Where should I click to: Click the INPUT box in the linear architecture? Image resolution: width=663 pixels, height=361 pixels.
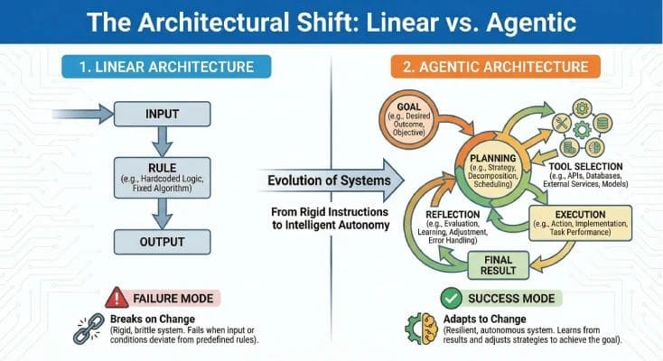(163, 115)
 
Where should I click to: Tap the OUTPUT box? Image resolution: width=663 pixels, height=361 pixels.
(163, 242)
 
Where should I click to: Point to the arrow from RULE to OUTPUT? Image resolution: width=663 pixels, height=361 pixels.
(163, 213)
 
